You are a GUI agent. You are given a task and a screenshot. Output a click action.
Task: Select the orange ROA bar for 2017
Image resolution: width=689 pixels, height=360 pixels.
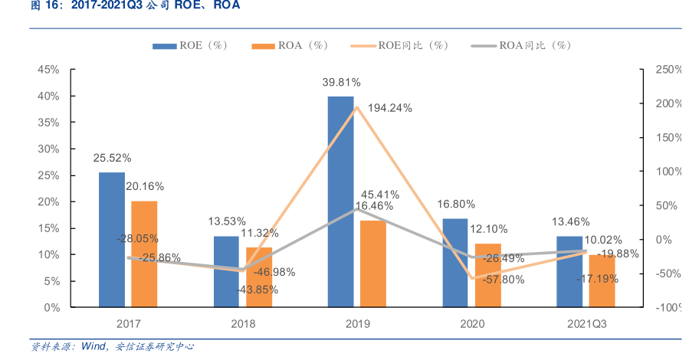[144, 254]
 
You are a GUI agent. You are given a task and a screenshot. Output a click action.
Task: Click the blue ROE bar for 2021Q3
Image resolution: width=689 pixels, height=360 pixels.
[569, 271]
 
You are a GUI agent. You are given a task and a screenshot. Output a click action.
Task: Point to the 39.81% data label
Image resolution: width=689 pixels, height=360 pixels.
[342, 82]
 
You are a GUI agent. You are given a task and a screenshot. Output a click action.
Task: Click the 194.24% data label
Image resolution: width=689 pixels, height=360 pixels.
[390, 108]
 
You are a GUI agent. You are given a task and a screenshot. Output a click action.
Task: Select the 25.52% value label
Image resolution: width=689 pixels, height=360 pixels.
[113, 158]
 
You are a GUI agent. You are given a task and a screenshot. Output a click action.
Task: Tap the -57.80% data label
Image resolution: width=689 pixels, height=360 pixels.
[504, 280]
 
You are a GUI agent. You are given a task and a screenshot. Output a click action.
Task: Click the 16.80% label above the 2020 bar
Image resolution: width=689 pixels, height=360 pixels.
[456, 205]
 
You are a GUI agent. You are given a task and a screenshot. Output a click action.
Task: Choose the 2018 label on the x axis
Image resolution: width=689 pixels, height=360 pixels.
[243, 324]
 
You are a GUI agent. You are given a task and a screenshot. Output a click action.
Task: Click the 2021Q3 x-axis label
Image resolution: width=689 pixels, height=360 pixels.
[587, 324]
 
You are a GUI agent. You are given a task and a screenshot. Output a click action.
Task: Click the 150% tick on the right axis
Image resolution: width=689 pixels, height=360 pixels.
[667, 138]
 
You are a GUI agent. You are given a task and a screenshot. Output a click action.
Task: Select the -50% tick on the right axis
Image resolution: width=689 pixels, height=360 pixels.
[668, 273]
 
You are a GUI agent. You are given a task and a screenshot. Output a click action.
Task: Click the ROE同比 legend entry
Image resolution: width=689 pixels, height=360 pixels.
[399, 45]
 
